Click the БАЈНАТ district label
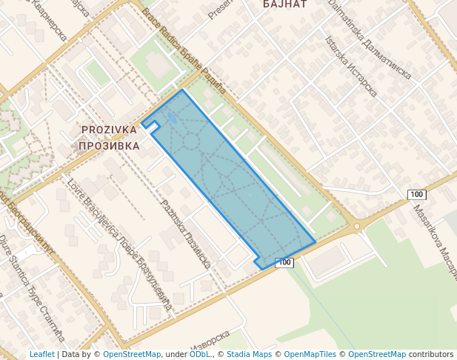pos(285,4)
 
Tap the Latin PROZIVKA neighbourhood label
pos(110,130)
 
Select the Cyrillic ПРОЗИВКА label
pos(109,146)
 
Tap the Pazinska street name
pos(186,233)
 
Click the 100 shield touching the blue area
pos(284,263)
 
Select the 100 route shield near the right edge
pos(417,194)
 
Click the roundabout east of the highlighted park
pos(357,226)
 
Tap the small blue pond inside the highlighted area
pos(171,117)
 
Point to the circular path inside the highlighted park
pos(191,141)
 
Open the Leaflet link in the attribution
pos(41,354)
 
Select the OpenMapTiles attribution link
pos(310,354)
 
